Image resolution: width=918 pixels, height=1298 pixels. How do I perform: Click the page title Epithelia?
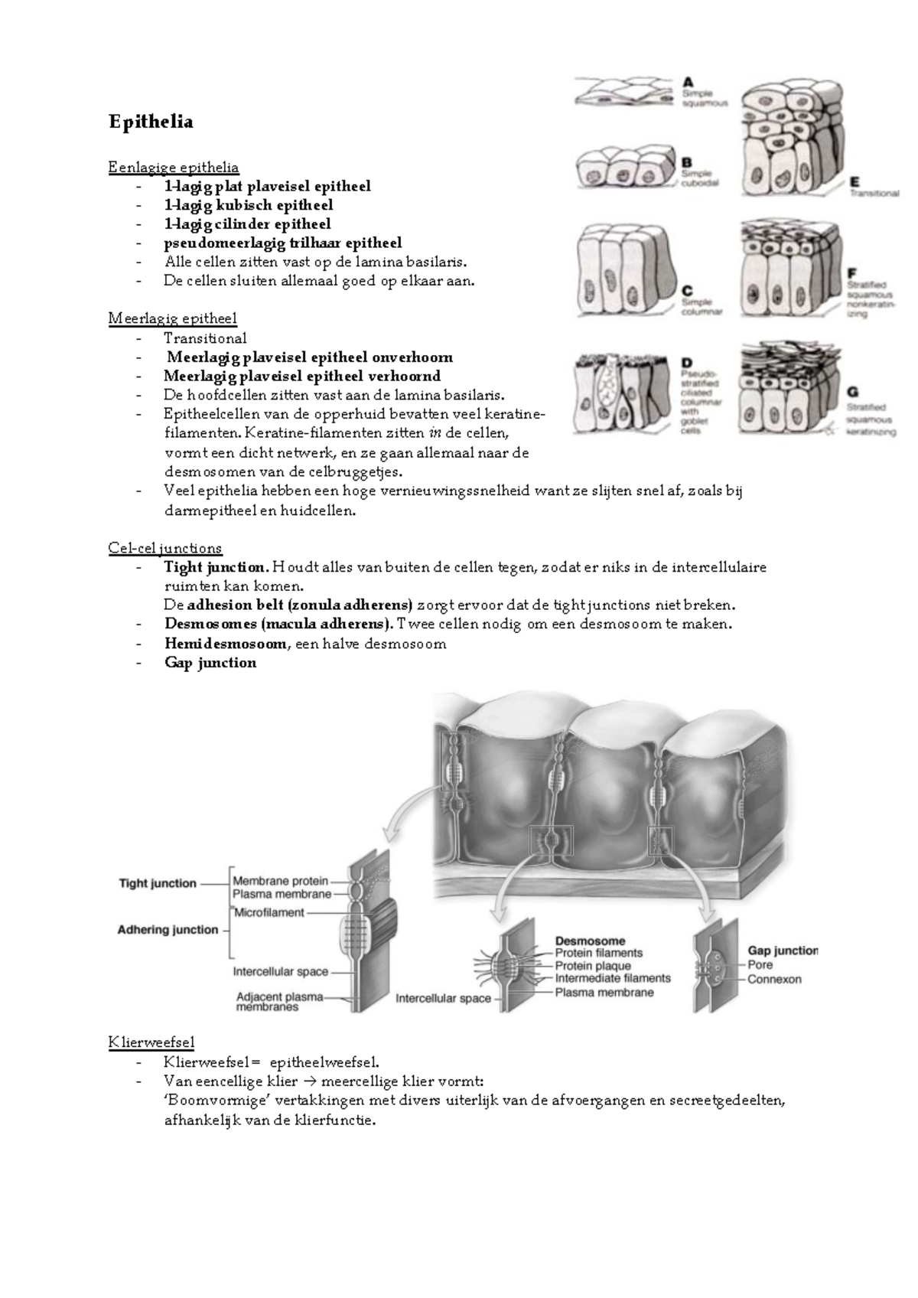[x=151, y=122]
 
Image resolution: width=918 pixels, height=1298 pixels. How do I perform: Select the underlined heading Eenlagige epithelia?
[x=174, y=167]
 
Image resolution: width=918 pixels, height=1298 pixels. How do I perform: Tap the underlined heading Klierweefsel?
[x=151, y=1042]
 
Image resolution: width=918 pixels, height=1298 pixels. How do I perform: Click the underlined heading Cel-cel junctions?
[x=165, y=548]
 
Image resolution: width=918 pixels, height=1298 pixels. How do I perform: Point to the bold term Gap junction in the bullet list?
[x=210, y=663]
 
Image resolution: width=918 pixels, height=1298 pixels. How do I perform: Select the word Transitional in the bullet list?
[x=205, y=338]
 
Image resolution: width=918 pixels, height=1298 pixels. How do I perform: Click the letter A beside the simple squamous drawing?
[x=688, y=81]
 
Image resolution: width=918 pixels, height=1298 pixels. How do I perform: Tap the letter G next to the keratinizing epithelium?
[x=853, y=393]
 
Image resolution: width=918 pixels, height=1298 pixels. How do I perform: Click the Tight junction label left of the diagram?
[x=158, y=883]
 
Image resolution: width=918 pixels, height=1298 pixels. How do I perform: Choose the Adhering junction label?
[x=168, y=930]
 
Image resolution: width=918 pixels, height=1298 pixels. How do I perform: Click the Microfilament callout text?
[x=269, y=912]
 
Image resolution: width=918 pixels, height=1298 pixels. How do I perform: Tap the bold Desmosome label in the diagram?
[x=590, y=941]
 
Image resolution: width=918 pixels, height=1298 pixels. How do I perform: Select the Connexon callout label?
[x=774, y=979]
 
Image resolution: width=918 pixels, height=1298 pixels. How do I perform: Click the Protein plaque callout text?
[x=593, y=966]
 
